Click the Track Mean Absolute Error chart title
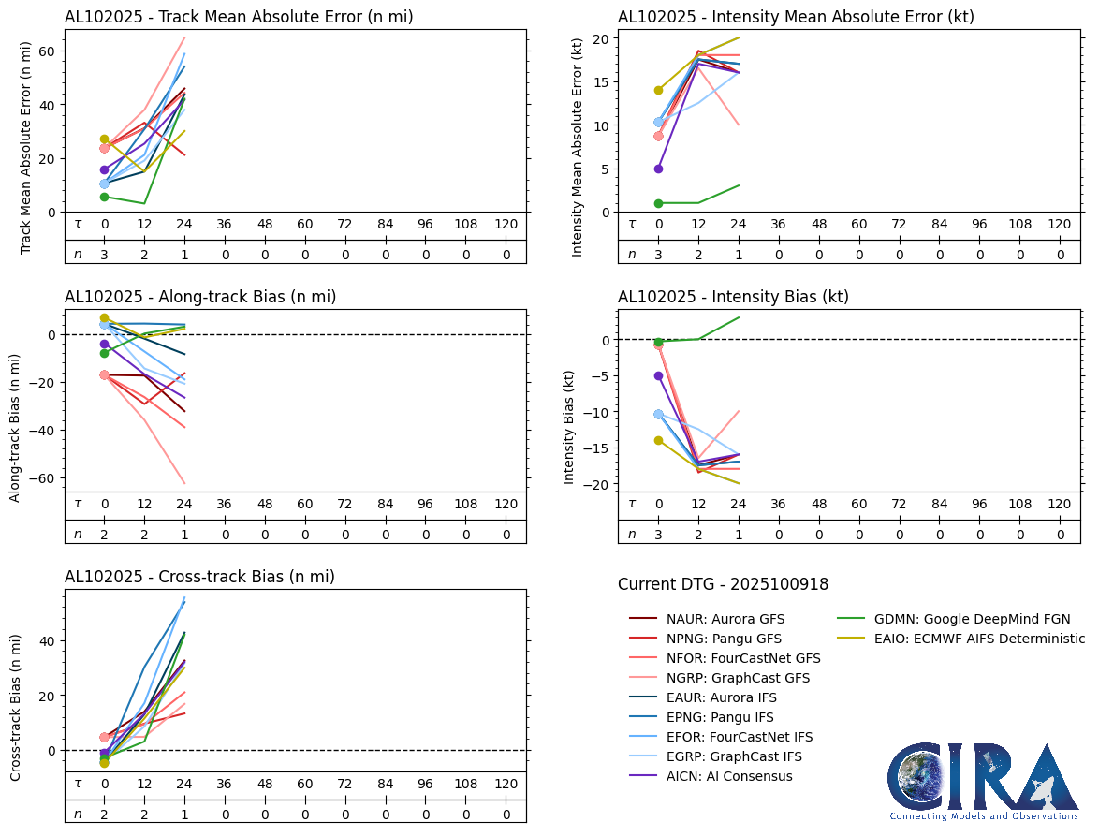point(239,17)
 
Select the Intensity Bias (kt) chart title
point(733,297)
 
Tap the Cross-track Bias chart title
point(199,577)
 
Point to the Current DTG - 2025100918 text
point(723,584)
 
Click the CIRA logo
point(983,782)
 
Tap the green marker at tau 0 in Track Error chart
point(105,197)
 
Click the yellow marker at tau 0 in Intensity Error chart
point(658,90)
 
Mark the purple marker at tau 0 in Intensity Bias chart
point(658,375)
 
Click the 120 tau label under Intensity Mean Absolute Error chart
point(1059,225)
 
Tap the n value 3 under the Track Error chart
point(105,255)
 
